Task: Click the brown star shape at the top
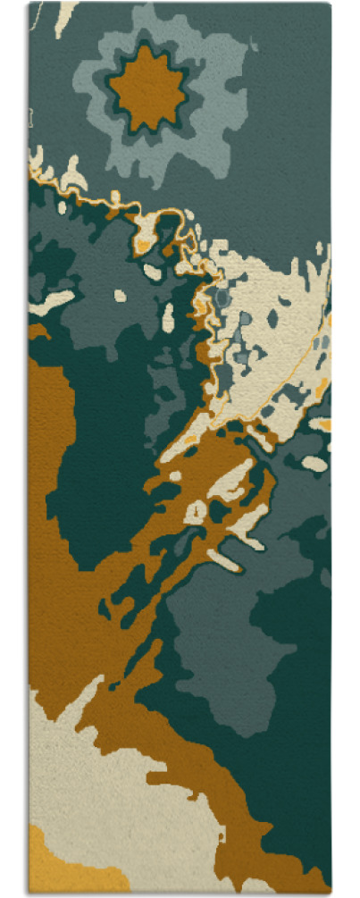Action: pyautogui.click(x=148, y=87)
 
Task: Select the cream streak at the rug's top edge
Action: pyautogui.click(x=63, y=18)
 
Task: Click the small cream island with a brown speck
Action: pyautogui.click(x=196, y=512)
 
